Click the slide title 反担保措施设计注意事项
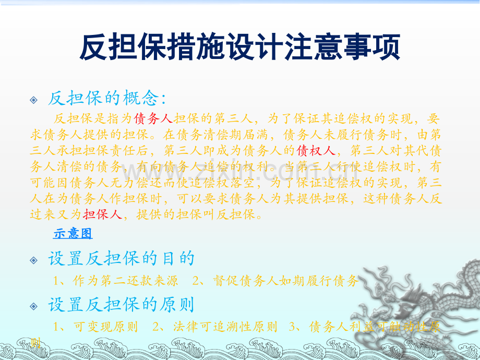240,49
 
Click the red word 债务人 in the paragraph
153,118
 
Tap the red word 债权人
316,151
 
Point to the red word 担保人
103,214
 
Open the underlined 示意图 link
73,233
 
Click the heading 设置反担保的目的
121,258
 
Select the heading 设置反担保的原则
121,304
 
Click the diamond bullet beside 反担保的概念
34,99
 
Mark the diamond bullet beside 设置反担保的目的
34,260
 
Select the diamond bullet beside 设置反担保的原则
34,305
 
